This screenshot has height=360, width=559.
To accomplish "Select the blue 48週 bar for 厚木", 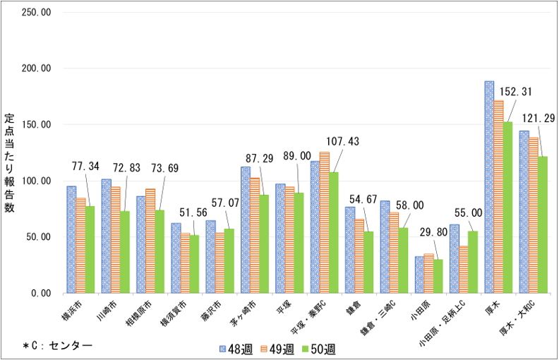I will coord(489,187).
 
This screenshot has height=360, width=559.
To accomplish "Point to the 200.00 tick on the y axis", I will coord(36,68).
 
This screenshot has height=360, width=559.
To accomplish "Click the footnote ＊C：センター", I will coord(58,345).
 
